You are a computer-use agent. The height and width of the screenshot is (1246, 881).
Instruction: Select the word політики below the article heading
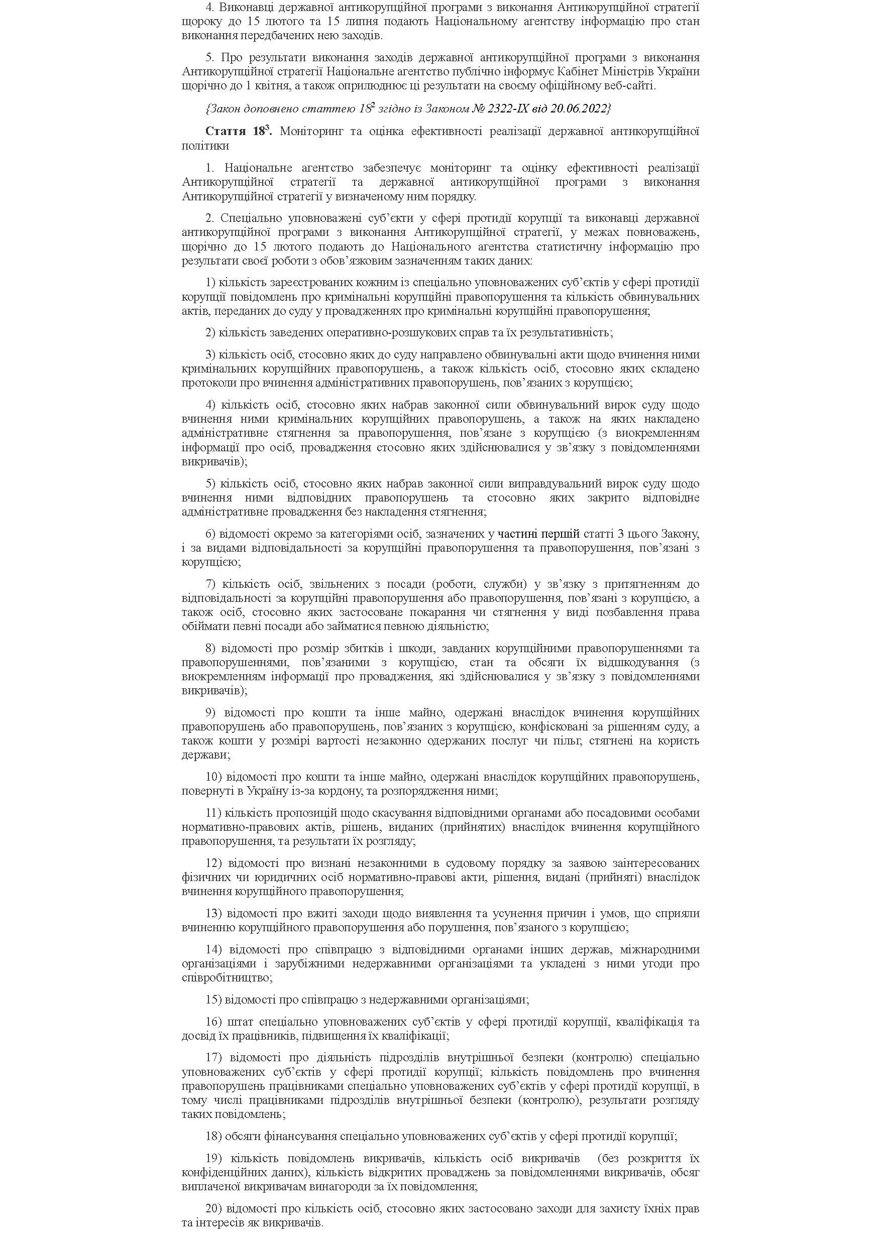(x=205, y=146)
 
